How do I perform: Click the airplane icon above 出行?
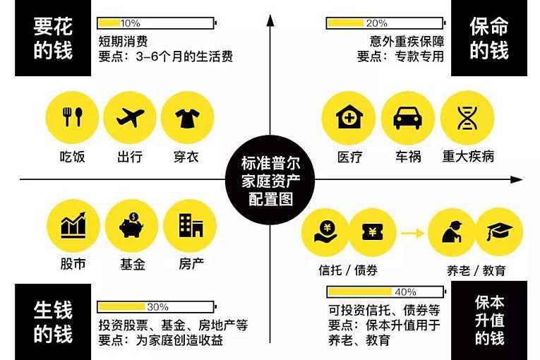130,117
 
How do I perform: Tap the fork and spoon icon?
72,116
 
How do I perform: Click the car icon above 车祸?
408,118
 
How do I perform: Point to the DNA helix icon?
467,117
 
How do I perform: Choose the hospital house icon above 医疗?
349,116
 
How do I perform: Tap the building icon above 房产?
191,225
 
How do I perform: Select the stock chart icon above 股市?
73,225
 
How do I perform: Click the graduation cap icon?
499,232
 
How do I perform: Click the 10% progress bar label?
130,23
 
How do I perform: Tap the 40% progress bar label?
406,292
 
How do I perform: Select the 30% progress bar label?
157,306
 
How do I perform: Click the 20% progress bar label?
376,23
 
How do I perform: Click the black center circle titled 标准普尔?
270,180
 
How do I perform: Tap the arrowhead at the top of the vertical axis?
270,20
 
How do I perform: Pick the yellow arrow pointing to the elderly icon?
412,233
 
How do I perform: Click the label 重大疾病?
468,157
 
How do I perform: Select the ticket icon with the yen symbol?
373,232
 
